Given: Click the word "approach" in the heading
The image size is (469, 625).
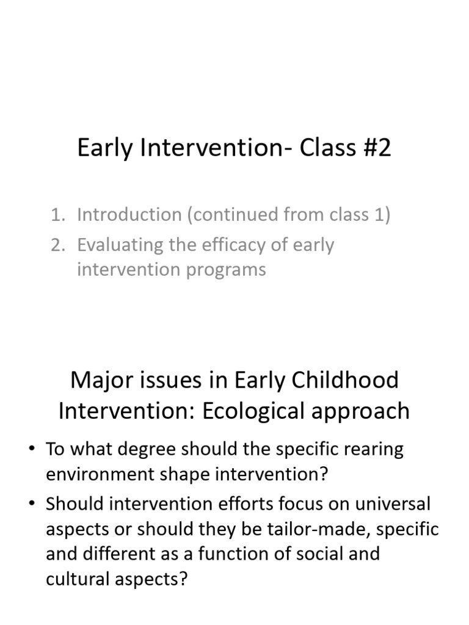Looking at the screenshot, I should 361,411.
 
